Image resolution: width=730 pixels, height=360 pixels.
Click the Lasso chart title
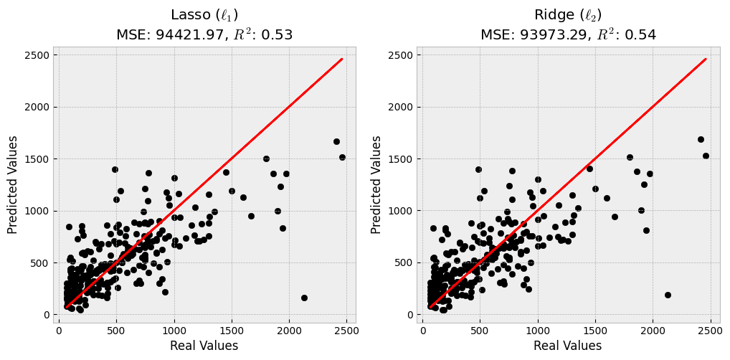point(204,15)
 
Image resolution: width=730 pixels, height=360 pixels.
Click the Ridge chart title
point(568,15)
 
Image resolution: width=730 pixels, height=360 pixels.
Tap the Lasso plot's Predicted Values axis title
point(13,185)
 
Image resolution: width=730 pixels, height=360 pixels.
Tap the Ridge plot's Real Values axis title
point(567,346)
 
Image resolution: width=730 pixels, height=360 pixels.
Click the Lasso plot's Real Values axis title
point(204,346)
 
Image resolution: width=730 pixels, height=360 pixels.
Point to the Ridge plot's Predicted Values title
point(376,185)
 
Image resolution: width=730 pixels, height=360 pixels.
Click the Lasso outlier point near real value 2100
point(304,298)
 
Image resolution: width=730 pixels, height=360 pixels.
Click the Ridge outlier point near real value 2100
point(668,295)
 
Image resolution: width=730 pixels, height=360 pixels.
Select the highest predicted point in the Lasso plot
point(336,141)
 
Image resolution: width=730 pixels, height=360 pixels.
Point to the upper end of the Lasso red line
point(342,59)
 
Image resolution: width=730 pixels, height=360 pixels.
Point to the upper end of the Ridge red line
point(706,59)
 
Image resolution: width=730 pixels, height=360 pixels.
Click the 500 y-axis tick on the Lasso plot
point(39,263)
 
